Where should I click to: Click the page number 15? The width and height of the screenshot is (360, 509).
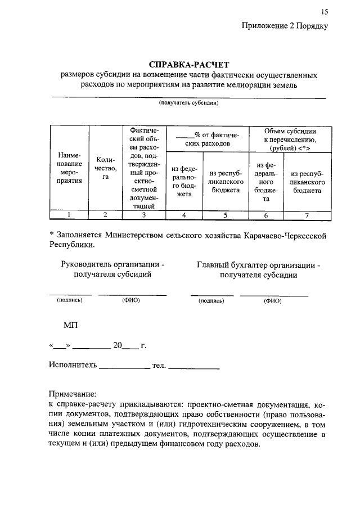coord(324,12)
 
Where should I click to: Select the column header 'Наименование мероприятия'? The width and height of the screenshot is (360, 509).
coord(67,168)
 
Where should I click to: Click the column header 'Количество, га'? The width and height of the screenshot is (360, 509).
coord(105,168)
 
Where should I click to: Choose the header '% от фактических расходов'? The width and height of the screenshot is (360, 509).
coord(208,139)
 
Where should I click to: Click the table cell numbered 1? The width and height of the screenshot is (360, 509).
coord(68,214)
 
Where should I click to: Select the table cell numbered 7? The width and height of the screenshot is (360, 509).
coord(306,214)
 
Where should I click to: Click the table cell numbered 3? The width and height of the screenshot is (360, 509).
coord(144,214)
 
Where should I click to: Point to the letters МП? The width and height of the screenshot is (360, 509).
coord(71,325)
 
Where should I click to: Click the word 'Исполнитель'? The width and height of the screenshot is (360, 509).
coord(73,365)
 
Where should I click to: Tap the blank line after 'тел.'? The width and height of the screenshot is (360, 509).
coord(193,367)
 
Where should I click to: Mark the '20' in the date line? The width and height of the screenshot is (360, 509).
coord(118,345)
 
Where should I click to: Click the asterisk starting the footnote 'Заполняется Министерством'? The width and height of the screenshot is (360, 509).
coord(51,233)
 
